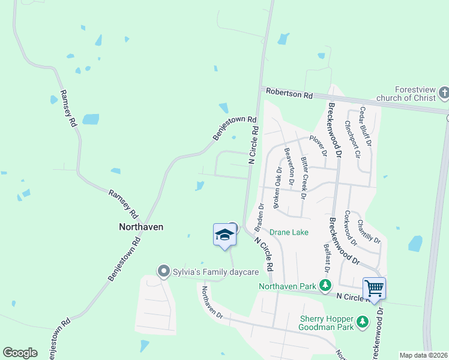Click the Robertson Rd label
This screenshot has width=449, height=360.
(291, 95)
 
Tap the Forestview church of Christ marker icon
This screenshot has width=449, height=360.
(444, 92)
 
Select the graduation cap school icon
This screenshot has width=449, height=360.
(224, 234)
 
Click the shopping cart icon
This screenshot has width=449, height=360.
(374, 288)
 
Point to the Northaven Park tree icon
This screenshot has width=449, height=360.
(325, 286)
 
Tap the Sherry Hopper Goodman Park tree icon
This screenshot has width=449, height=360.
(363, 322)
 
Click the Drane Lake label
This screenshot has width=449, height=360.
(289, 232)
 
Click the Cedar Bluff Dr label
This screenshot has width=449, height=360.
(365, 127)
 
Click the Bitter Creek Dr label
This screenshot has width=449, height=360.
(304, 178)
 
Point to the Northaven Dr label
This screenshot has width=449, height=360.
(212, 302)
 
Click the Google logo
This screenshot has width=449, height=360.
(20, 353)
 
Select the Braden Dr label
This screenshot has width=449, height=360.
(259, 217)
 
